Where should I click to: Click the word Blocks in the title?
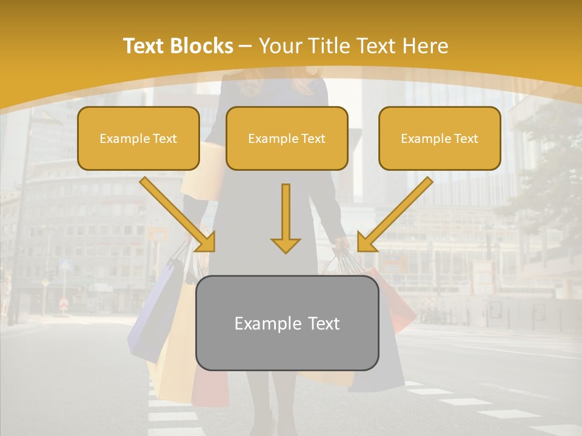[x=202, y=46]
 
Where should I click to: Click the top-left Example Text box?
[x=138, y=139]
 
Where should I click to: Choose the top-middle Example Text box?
[x=287, y=139]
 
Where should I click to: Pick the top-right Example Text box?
[x=440, y=139]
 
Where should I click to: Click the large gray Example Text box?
[x=287, y=323]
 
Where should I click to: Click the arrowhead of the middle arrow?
[x=286, y=245]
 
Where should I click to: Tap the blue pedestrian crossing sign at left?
[x=65, y=265]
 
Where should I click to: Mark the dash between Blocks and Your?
[x=246, y=46]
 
